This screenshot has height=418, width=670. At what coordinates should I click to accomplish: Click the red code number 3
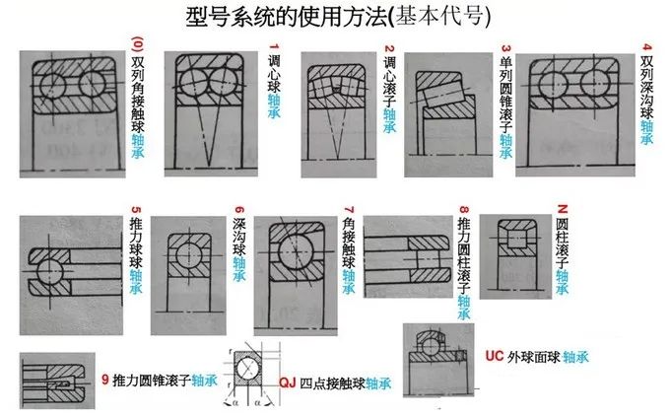(x=505, y=48)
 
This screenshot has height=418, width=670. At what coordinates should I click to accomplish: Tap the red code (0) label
(x=137, y=44)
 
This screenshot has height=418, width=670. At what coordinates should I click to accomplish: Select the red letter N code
(x=563, y=209)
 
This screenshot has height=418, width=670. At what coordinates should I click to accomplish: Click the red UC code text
(x=495, y=356)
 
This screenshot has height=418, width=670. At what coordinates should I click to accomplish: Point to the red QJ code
(x=288, y=382)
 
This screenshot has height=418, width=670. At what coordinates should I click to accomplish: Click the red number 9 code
(x=105, y=380)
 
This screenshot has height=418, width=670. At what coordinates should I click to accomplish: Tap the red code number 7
(x=349, y=209)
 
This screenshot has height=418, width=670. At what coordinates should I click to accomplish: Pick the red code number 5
(x=135, y=210)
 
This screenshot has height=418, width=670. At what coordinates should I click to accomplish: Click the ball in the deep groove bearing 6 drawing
(x=188, y=255)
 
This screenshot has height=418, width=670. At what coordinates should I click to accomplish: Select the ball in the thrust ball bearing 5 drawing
(x=49, y=271)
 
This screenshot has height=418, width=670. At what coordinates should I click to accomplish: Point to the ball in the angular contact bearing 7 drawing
(x=296, y=251)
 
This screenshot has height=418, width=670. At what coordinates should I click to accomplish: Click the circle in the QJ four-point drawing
(x=249, y=369)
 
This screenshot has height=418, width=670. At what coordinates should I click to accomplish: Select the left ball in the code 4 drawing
(x=553, y=84)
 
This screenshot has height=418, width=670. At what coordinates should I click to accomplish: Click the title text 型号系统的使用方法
(x=288, y=17)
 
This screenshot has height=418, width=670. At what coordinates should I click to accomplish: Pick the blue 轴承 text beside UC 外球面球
(x=575, y=357)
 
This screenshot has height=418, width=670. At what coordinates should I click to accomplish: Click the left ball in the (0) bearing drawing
(x=52, y=85)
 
